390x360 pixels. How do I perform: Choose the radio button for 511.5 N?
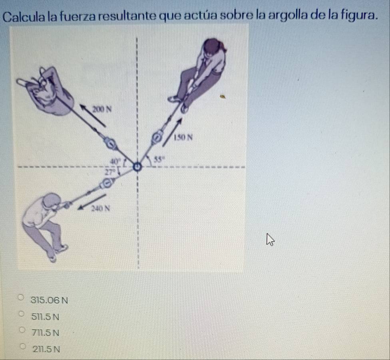(22, 314)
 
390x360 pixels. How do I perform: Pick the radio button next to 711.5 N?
(22, 330)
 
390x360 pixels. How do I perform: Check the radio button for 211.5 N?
(23, 346)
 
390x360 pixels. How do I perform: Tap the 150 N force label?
(183, 137)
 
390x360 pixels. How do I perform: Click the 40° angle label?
(115, 161)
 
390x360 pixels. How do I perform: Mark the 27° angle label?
(110, 172)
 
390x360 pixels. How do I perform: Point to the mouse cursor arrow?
(270, 239)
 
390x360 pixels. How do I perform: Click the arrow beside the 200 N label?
(93, 115)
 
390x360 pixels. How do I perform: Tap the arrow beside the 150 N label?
(172, 132)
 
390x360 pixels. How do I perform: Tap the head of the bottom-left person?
(52, 201)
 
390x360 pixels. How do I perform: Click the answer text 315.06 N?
(49, 301)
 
